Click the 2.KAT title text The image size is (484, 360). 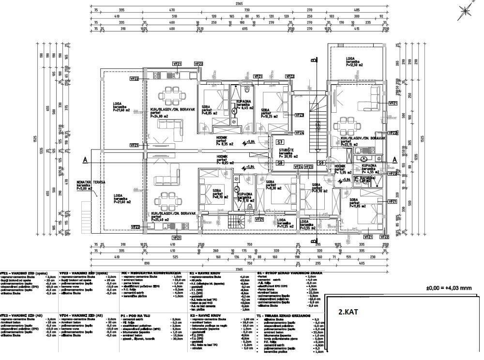pos(348,312)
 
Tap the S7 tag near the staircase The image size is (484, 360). pos(280,142)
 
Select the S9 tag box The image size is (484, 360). pos(320,163)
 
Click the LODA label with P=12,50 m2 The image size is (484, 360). pos(352,61)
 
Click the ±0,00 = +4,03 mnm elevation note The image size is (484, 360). pos(448,288)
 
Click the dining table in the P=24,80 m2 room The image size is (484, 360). pos(173,93)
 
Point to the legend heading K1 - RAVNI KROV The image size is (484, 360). pos(208,273)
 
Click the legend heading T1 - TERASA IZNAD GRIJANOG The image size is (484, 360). pos(283,315)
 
